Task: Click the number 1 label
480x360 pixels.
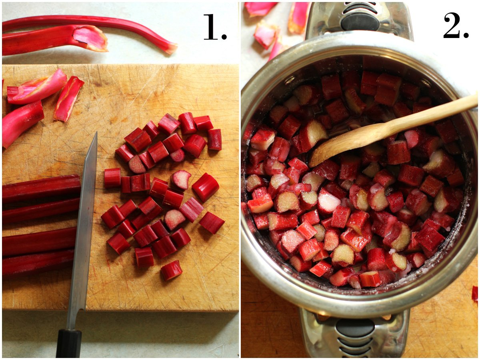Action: [x=215, y=27]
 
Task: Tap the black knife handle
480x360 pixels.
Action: [x=68, y=343]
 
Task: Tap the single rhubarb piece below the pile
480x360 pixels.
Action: [x=171, y=270]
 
